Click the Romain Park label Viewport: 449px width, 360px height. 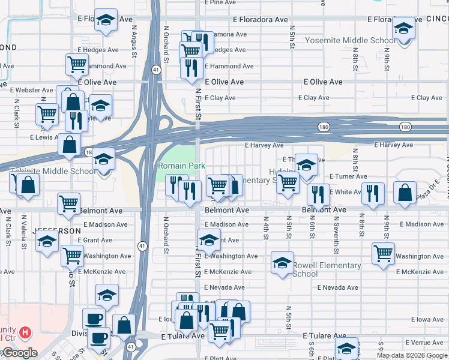coord(181,166)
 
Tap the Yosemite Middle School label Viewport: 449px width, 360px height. coord(351,41)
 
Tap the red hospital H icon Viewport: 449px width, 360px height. coord(25,332)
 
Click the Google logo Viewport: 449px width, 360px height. coord(19,353)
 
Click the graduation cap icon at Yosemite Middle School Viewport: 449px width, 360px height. coord(403,28)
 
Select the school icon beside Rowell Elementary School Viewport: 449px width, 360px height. coord(282,263)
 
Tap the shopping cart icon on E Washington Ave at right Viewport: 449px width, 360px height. coord(383,253)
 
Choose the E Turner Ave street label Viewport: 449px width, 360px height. coord(348,176)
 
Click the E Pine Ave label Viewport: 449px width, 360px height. coord(220,2)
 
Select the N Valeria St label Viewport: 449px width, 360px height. coord(25,230)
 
